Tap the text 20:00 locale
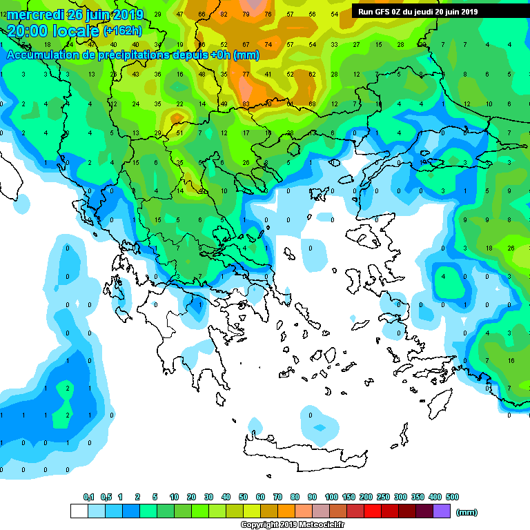(53, 30)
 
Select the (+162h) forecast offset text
(122, 31)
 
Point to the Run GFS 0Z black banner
(418, 12)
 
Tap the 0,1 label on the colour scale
(88, 497)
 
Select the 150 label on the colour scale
(348, 497)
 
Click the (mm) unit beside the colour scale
(467, 512)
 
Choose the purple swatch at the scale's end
(442, 511)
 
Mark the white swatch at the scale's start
(79, 511)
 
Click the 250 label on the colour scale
(382, 497)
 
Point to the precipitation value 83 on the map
(246, 104)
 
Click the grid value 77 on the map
(246, 74)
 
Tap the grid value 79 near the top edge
(246, 14)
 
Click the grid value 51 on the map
(179, 133)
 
